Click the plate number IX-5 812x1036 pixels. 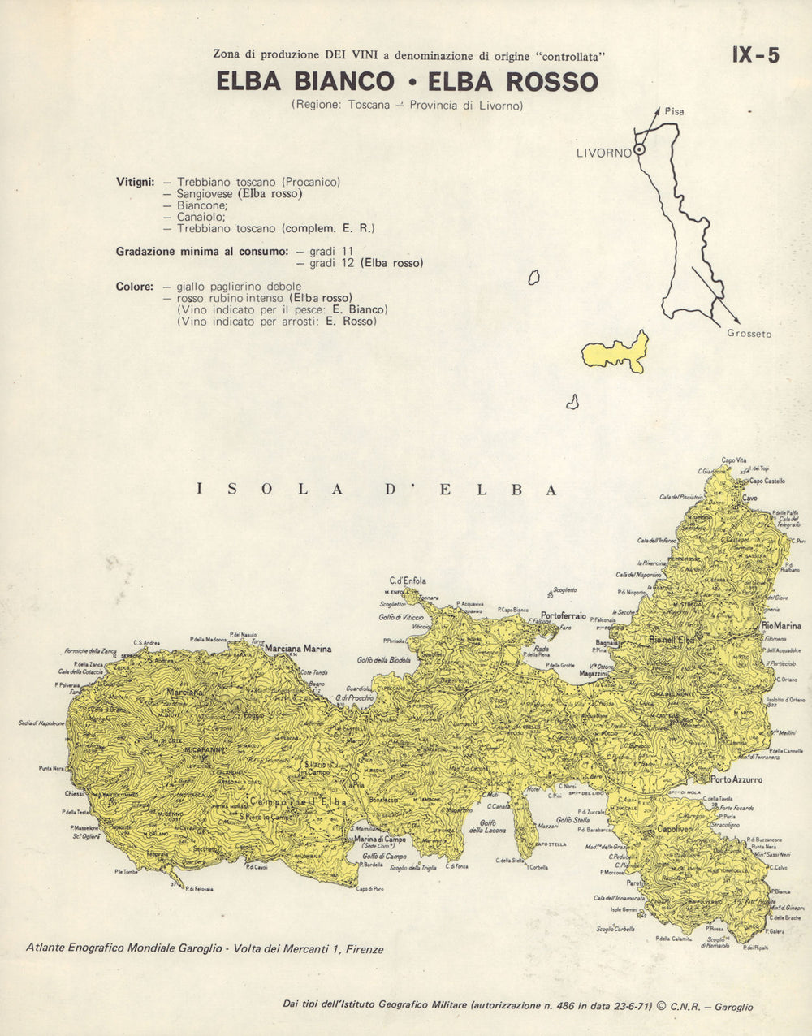[755, 55]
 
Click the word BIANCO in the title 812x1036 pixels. [339, 82]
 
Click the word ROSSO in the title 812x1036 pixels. [553, 82]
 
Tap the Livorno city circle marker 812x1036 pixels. [640, 149]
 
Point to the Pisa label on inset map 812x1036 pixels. [674, 111]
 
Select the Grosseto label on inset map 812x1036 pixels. [749, 334]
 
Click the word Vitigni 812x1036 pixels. [136, 182]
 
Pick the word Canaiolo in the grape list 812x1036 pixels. [201, 218]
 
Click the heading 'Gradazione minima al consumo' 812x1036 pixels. [201, 252]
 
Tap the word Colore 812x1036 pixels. [135, 287]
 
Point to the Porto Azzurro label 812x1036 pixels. [736, 780]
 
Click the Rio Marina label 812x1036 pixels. [780, 626]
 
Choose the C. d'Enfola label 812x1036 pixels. [408, 581]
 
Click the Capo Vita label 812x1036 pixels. [734, 460]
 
